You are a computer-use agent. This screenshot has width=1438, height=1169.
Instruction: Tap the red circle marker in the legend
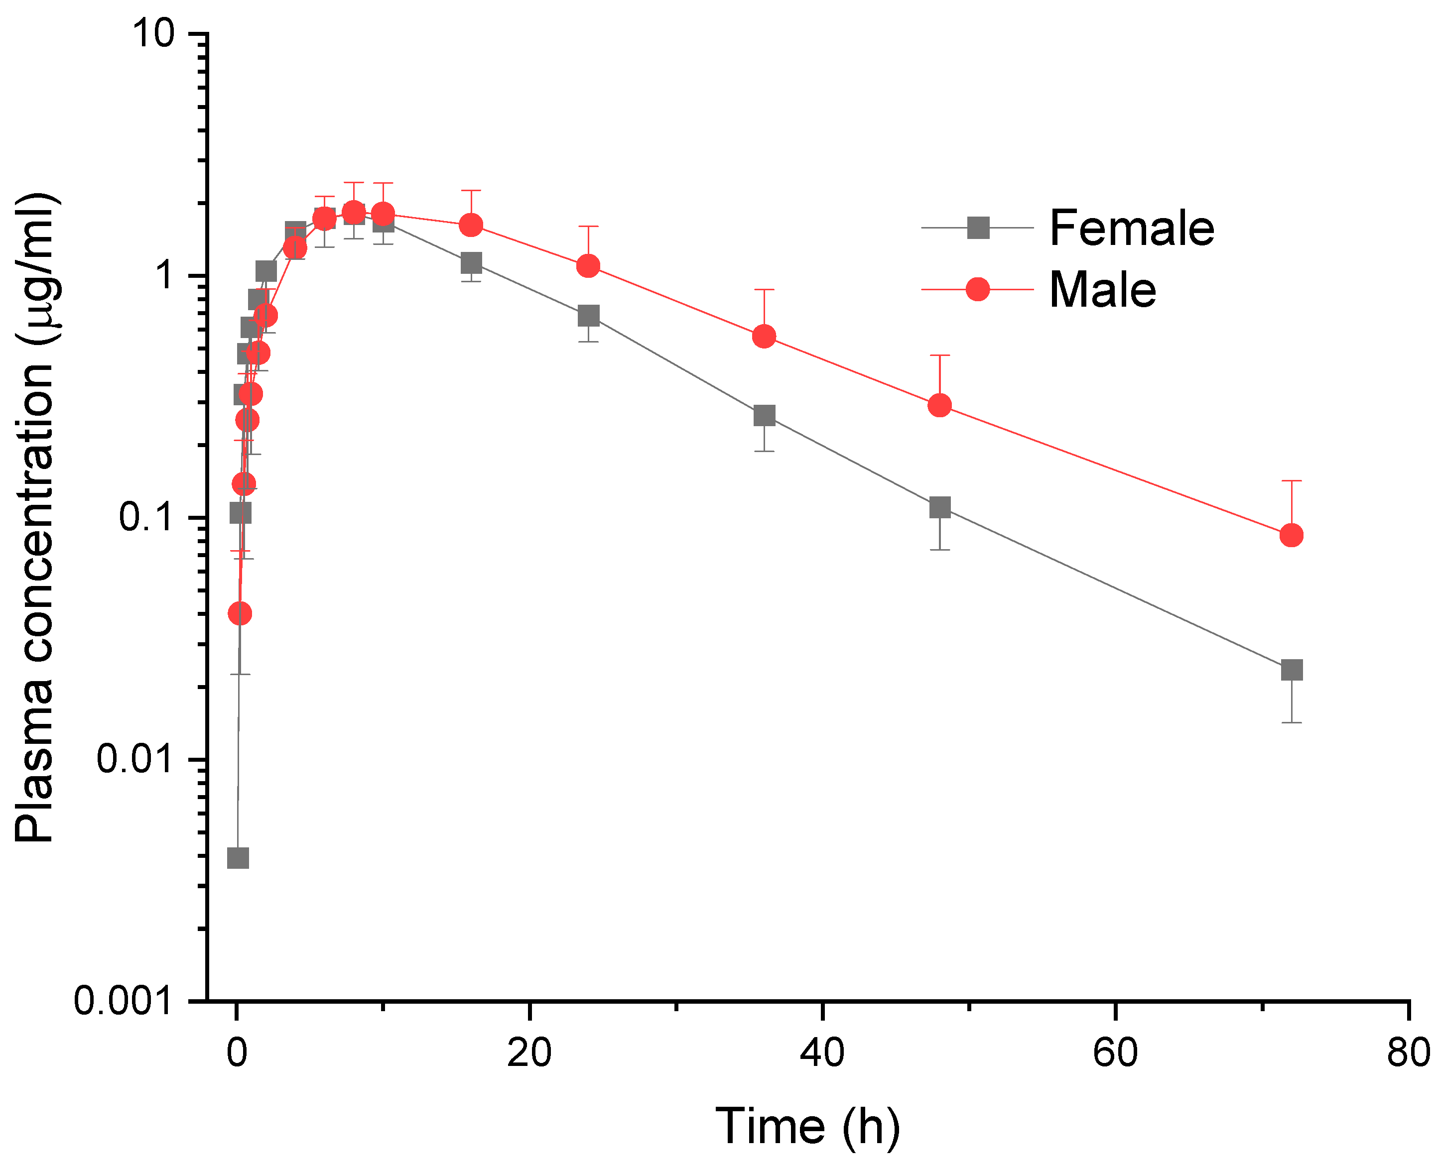pyautogui.click(x=977, y=290)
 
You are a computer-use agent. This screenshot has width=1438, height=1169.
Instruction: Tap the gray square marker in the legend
pyautogui.click(x=978, y=228)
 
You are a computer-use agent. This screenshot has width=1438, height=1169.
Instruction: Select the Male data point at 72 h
pyautogui.click(x=1291, y=535)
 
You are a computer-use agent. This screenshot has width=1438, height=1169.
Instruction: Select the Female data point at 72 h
pyautogui.click(x=1291, y=670)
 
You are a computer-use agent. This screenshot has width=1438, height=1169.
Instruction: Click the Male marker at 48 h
pyautogui.click(x=939, y=405)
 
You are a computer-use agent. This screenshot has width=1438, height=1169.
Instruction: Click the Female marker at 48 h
pyautogui.click(x=939, y=507)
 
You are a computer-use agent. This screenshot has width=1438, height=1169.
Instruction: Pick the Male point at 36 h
pyautogui.click(x=764, y=336)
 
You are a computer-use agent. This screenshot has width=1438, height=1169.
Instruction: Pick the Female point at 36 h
pyautogui.click(x=764, y=416)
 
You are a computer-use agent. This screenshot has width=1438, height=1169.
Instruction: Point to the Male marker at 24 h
pyautogui.click(x=588, y=266)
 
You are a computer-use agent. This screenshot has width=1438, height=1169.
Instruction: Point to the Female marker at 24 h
pyautogui.click(x=588, y=316)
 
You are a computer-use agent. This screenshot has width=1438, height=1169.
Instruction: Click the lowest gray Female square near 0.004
pyautogui.click(x=238, y=858)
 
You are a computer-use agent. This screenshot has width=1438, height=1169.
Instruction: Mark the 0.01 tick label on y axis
pyautogui.click(x=134, y=759)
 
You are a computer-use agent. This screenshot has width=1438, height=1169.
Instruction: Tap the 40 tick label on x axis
pyautogui.click(x=822, y=1052)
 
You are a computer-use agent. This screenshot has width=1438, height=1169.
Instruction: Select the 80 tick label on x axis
pyautogui.click(x=1408, y=1052)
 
